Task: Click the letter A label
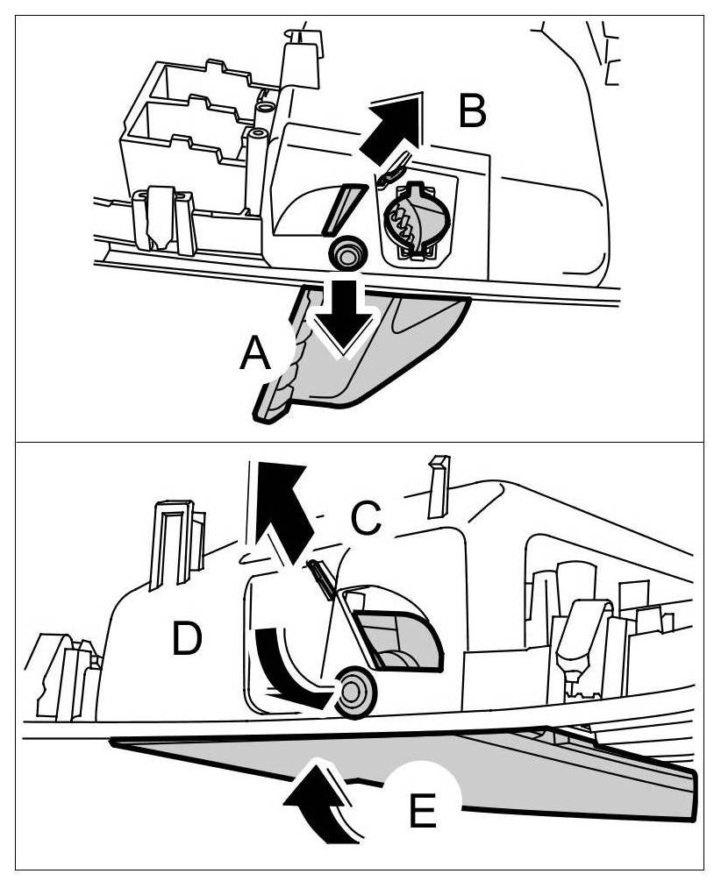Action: pos(255,355)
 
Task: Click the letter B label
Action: pos(472,112)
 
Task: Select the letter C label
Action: pos(366,518)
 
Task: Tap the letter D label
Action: pos(188,639)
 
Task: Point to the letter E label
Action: pos(423,811)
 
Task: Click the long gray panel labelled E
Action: pos(544,771)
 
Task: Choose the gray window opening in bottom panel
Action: pos(399,640)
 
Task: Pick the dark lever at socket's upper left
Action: pos(394,168)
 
